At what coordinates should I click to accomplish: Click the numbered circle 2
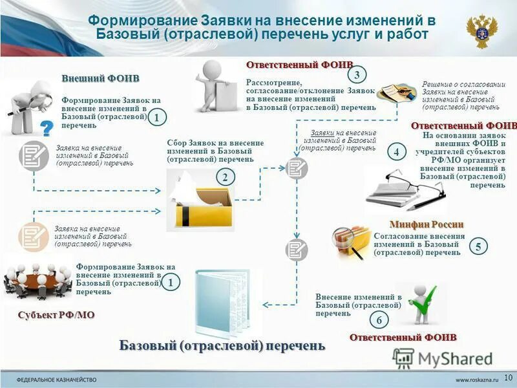click(x=225, y=177)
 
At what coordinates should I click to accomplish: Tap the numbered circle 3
click(x=357, y=73)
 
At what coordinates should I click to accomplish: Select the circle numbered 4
click(x=397, y=153)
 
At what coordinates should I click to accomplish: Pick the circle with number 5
click(x=478, y=246)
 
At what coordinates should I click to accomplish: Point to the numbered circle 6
click(x=379, y=320)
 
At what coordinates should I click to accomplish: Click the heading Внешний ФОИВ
click(x=100, y=78)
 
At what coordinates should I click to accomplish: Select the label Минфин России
click(x=427, y=224)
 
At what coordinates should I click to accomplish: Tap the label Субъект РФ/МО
click(x=56, y=315)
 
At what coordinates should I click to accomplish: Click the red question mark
click(x=47, y=129)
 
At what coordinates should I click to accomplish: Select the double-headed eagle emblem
click(x=482, y=32)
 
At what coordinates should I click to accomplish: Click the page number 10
click(x=507, y=377)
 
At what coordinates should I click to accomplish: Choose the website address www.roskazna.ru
click(x=478, y=378)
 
